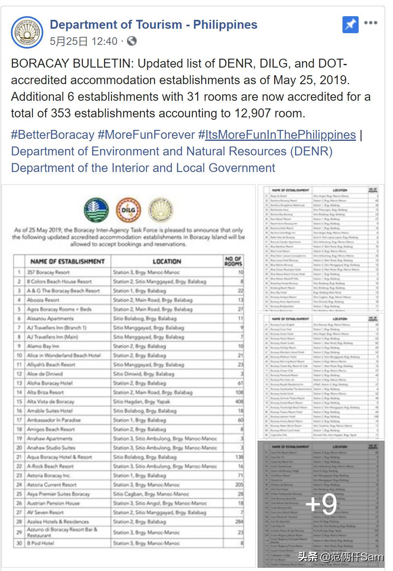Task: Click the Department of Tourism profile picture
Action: [27, 32]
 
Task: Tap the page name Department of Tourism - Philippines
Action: [153, 25]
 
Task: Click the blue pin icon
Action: [350, 25]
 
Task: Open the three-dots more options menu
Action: [370, 23]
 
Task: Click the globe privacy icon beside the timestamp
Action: [132, 41]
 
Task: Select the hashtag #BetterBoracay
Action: [53, 135]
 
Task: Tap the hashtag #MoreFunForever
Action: [146, 135]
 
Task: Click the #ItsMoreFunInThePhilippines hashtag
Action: [277, 135]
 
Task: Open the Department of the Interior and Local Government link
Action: [143, 168]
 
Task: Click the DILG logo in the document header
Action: [128, 210]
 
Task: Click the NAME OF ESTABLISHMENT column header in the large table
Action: [68, 261]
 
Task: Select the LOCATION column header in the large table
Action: [167, 261]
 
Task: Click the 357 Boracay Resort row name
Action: [48, 272]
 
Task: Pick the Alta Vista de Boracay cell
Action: [51, 402]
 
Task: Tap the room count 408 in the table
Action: [239, 402]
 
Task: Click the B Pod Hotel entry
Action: [40, 543]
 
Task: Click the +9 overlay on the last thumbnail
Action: [321, 504]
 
